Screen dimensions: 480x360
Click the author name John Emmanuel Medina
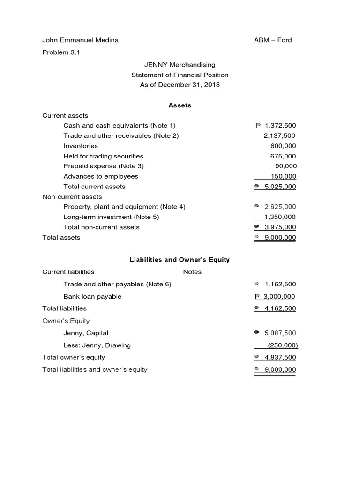80,40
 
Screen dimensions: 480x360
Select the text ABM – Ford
272,40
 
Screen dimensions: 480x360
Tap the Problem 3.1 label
61,52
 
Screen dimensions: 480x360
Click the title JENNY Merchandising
180,65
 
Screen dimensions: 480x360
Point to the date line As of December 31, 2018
180,85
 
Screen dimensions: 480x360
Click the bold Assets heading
180,105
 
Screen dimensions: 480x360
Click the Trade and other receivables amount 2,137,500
280,136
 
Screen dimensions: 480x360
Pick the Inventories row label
81,146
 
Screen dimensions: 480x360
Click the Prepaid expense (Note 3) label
104,166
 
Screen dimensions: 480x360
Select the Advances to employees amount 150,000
284,176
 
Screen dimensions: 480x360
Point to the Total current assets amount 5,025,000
280,187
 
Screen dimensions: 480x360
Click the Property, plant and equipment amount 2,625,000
280,207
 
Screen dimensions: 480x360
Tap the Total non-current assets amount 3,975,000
280,227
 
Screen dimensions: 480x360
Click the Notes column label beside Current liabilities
192,272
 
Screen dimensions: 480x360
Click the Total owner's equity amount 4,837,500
280,358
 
